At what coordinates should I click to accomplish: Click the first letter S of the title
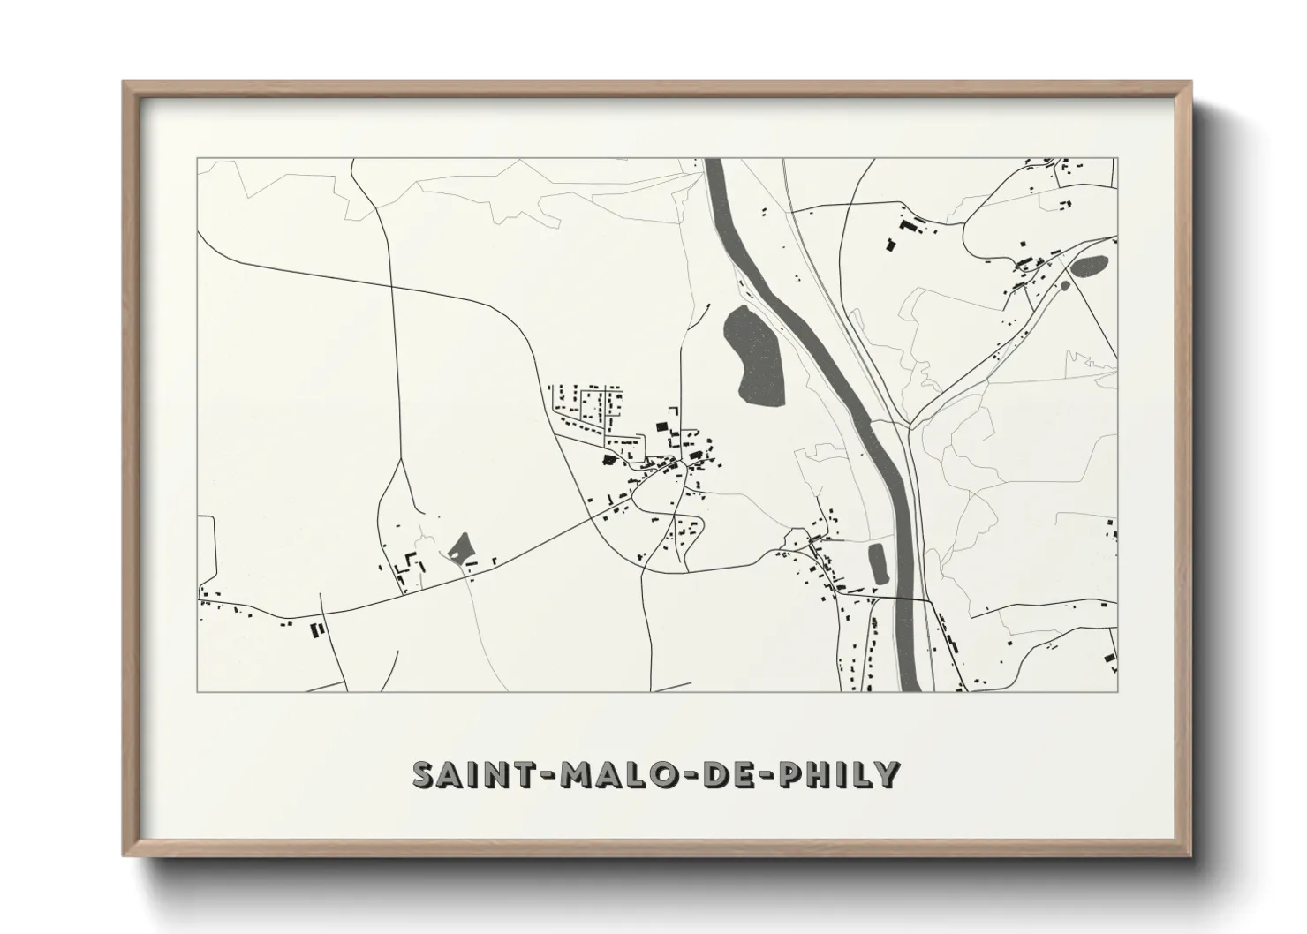point(424,774)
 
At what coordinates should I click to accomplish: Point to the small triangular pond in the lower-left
point(460,549)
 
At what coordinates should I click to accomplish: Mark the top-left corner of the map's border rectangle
point(197,159)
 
